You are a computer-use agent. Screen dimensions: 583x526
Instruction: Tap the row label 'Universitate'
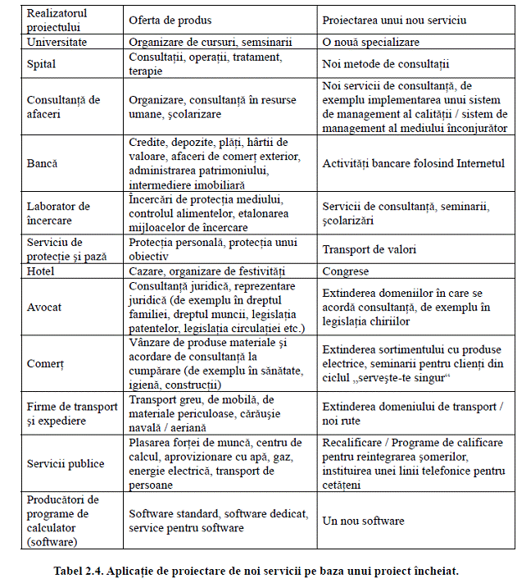[x=57, y=41]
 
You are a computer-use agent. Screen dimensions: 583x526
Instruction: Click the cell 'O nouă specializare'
[x=371, y=41]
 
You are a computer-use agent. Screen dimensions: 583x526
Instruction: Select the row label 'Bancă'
[x=43, y=163]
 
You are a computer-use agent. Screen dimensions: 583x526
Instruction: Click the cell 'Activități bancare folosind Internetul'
[x=414, y=163]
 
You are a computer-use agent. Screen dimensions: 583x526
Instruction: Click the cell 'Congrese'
[x=346, y=271]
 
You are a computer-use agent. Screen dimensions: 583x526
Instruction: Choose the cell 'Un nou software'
[x=363, y=521]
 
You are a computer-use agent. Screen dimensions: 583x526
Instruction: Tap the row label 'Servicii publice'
[x=66, y=463]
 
